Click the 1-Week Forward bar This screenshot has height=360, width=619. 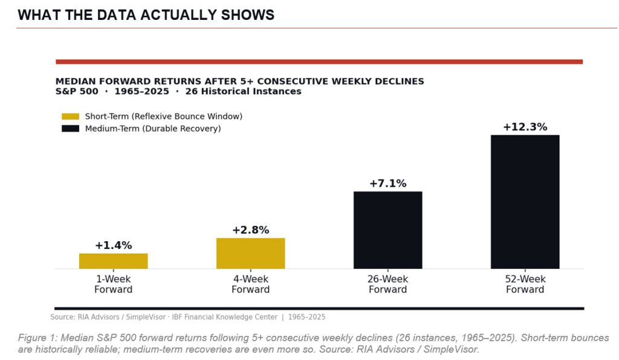tap(113, 261)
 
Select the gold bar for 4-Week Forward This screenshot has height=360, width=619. tap(250, 253)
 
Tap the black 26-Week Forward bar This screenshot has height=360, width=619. tap(387, 230)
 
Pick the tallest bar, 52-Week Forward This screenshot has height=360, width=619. tap(525, 202)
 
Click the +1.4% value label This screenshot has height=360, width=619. tap(113, 245)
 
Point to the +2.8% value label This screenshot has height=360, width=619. tap(250, 230)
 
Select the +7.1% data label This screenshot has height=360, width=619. tap(387, 184)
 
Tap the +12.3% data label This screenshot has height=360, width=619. tap(525, 127)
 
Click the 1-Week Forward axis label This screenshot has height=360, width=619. tap(113, 284)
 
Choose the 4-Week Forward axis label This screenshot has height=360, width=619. tap(250, 284)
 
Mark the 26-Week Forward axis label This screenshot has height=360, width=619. tap(387, 284)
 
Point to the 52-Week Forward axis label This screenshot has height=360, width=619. tap(525, 284)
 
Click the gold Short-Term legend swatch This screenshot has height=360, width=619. tap(70, 116)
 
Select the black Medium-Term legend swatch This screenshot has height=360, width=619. tap(70, 129)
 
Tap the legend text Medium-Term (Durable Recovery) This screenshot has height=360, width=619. tap(153, 129)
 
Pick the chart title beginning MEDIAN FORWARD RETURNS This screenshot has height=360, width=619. tap(239, 81)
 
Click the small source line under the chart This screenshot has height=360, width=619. tap(187, 317)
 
